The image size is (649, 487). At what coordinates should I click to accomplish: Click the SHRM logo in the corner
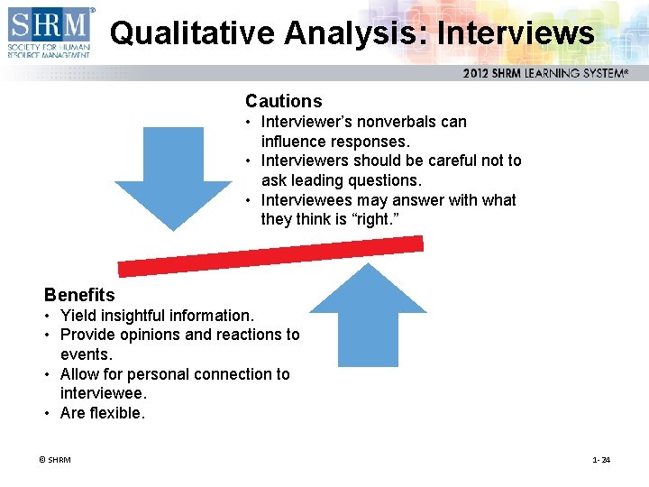point(50,33)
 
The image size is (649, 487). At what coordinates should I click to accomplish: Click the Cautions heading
point(283,101)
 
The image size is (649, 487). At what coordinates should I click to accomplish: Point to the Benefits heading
point(79,295)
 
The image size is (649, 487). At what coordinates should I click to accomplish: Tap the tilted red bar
point(270,256)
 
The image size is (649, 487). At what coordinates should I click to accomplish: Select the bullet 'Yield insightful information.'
point(157,316)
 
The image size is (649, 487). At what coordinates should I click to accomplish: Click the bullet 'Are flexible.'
point(102,413)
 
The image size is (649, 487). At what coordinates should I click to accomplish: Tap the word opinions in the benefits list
point(149,335)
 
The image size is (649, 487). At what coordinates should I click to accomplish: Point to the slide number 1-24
point(601,460)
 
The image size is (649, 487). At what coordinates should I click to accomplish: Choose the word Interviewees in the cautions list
point(306,200)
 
